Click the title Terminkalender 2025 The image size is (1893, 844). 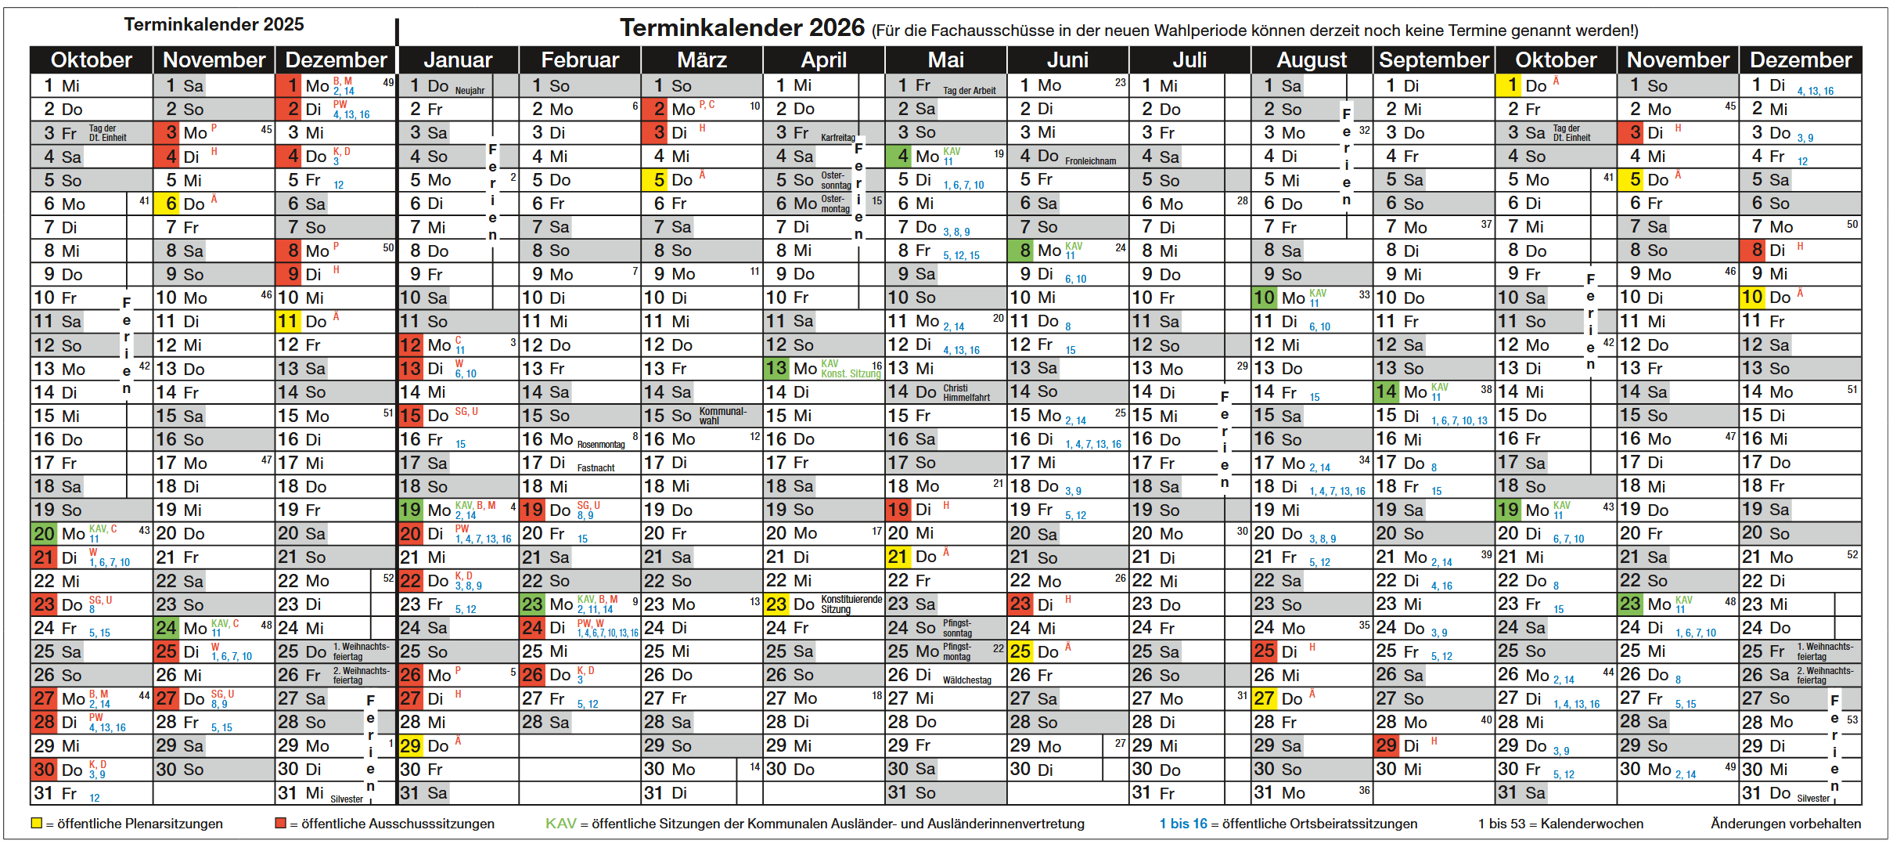pos(214,24)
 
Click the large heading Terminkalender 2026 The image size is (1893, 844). pos(742,28)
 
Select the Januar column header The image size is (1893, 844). pos(458,60)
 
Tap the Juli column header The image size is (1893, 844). pos(1189,60)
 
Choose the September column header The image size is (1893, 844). pos(1434,60)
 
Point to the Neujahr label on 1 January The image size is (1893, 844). pos(470,91)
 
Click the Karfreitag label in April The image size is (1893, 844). pos(837,138)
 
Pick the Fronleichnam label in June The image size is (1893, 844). pos(1090,161)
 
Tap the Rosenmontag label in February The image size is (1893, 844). pos(601,445)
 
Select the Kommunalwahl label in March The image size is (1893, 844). pos(722,416)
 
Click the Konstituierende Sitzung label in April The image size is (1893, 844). pos(851,604)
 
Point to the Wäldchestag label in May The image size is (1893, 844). pos(966,680)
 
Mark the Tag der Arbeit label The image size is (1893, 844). pos(969,91)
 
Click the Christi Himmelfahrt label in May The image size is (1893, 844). pos(966,392)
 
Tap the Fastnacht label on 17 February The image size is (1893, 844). pos(596,468)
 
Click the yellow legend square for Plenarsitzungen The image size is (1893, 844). pos(36,823)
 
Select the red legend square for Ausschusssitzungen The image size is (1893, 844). pos(280,823)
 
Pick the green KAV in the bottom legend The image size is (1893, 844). pos(560,824)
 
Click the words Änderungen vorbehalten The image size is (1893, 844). pos(1785,824)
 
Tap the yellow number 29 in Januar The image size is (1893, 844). pos(410,745)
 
